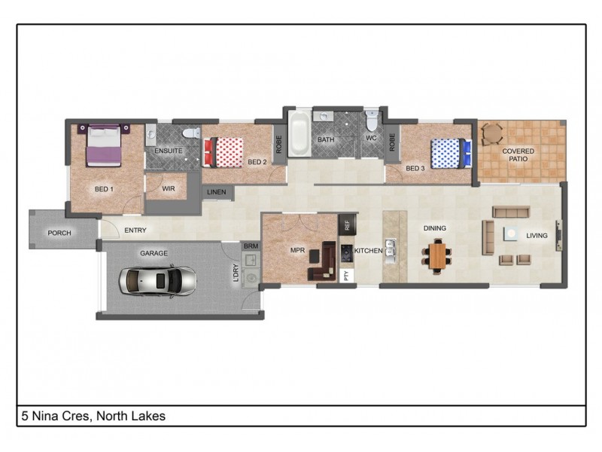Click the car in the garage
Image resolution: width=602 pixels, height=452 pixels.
(x=157, y=280)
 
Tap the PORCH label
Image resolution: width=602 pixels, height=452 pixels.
(x=59, y=233)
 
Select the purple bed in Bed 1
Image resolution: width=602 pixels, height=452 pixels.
(x=104, y=145)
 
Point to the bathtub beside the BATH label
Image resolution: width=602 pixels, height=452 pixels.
(x=299, y=136)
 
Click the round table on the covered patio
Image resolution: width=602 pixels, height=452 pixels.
(x=491, y=133)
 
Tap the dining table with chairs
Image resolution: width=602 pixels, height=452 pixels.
(x=438, y=253)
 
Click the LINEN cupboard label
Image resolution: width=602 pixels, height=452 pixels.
(x=216, y=193)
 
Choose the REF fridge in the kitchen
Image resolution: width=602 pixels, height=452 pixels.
(x=347, y=224)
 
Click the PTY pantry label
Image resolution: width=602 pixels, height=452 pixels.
(x=346, y=276)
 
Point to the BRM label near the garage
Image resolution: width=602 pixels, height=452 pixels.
(x=250, y=246)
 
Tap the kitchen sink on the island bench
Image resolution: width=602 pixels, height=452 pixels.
(x=391, y=249)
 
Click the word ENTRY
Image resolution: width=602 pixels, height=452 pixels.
(x=135, y=231)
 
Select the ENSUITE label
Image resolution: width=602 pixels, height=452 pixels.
(x=169, y=151)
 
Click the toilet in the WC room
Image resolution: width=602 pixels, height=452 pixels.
(x=372, y=123)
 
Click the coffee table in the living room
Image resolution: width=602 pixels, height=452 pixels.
(x=512, y=234)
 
